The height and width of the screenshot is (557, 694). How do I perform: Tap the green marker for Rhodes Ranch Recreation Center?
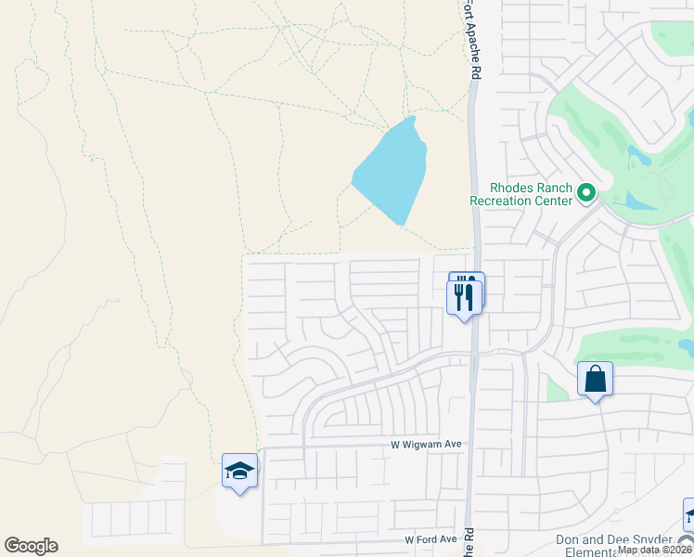pyautogui.click(x=586, y=193)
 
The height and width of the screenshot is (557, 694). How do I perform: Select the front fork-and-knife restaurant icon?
pyautogui.click(x=463, y=297)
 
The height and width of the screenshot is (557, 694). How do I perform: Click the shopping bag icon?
pyautogui.click(x=595, y=379)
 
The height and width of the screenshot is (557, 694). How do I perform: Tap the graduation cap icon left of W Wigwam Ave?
pyautogui.click(x=240, y=471)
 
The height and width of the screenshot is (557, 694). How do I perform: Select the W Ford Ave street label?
pyautogui.click(x=431, y=539)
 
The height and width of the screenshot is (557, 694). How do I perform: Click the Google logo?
pyautogui.click(x=31, y=546)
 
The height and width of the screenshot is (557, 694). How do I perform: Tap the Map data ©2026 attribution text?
pyautogui.click(x=654, y=550)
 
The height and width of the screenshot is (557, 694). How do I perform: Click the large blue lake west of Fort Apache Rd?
pyautogui.click(x=392, y=172)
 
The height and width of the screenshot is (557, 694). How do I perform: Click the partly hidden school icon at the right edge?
pyautogui.click(x=688, y=513)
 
